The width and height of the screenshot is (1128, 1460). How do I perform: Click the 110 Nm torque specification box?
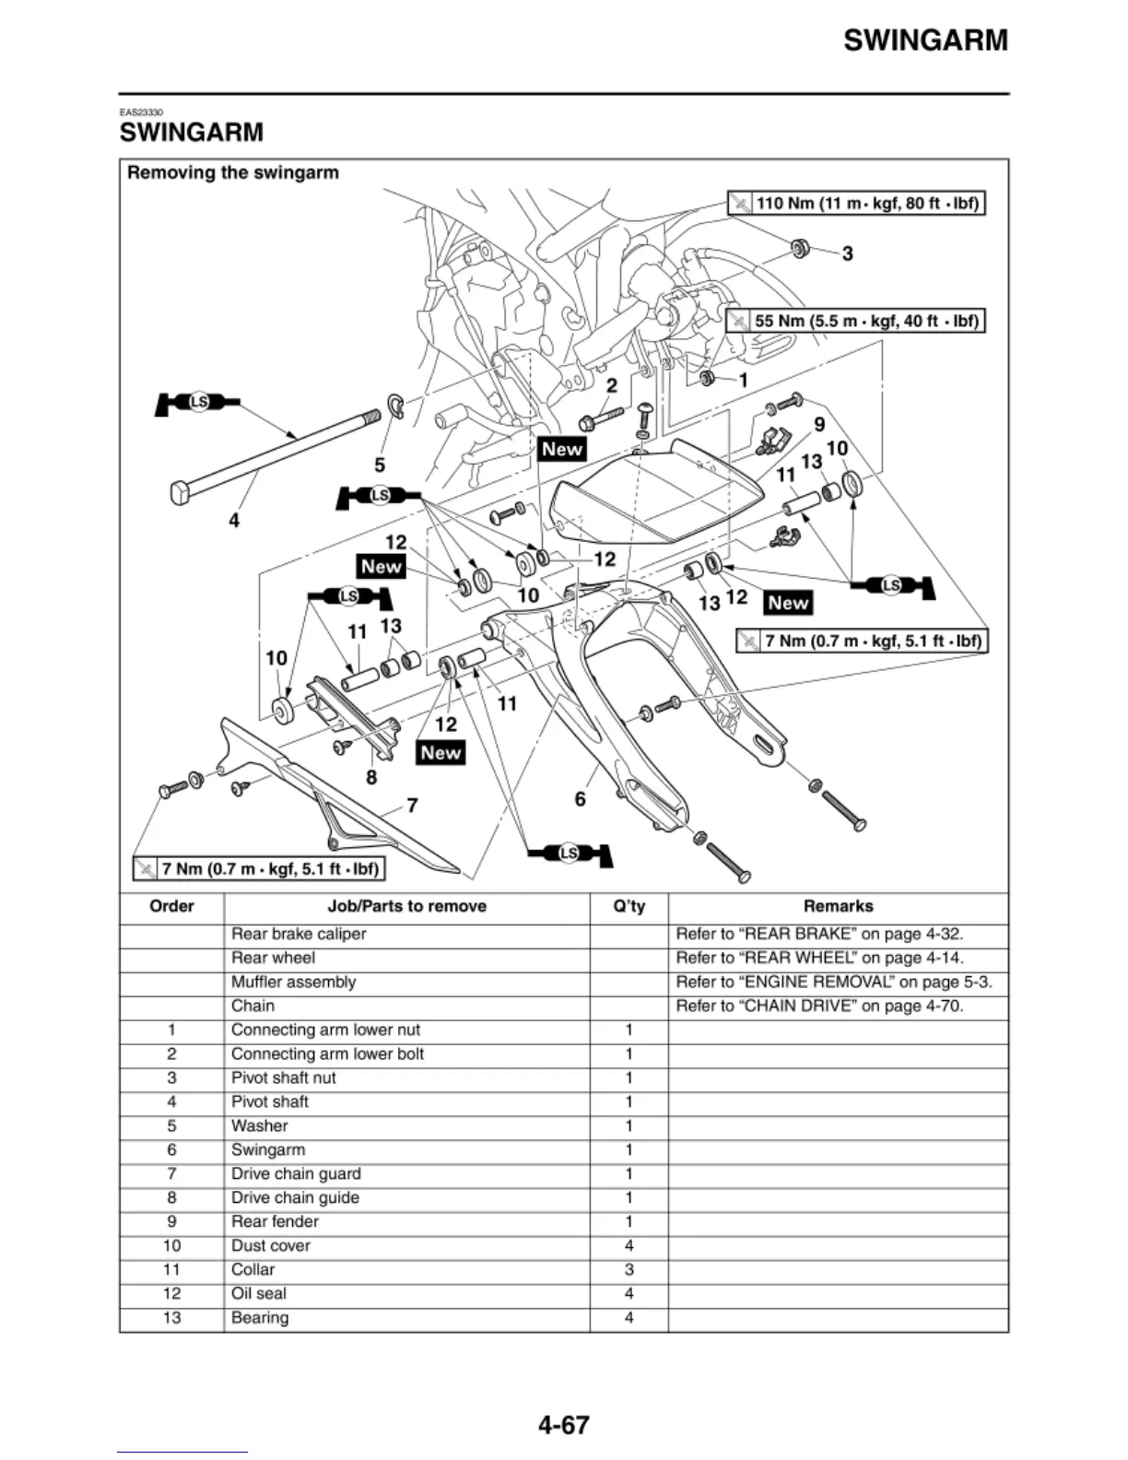(x=856, y=203)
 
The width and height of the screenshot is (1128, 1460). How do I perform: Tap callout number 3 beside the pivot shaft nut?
(x=847, y=253)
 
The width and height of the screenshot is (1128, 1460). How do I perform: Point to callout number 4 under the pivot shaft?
(x=234, y=521)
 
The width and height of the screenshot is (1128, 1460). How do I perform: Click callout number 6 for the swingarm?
(x=581, y=798)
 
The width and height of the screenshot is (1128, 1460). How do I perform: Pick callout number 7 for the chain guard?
(x=412, y=806)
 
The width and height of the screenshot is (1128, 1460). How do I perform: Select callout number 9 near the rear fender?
(x=818, y=424)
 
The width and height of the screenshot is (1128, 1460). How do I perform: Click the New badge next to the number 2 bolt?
(x=562, y=449)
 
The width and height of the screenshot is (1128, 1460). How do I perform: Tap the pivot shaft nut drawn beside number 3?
(x=800, y=247)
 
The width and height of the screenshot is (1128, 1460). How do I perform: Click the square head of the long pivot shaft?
(x=180, y=492)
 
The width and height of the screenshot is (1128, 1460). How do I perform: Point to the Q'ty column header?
(x=629, y=906)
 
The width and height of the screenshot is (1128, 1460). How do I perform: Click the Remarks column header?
(x=838, y=906)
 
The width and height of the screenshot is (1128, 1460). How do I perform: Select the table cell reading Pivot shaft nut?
(x=284, y=1077)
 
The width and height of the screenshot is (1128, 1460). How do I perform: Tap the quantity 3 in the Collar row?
(x=629, y=1269)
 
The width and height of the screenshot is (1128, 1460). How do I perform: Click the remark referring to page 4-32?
(x=819, y=934)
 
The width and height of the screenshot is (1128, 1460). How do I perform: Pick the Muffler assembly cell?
(x=293, y=982)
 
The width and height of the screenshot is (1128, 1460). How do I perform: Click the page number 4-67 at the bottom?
(x=563, y=1425)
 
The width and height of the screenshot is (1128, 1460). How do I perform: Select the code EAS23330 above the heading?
(x=141, y=112)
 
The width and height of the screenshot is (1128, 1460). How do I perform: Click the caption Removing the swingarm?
(x=233, y=172)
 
